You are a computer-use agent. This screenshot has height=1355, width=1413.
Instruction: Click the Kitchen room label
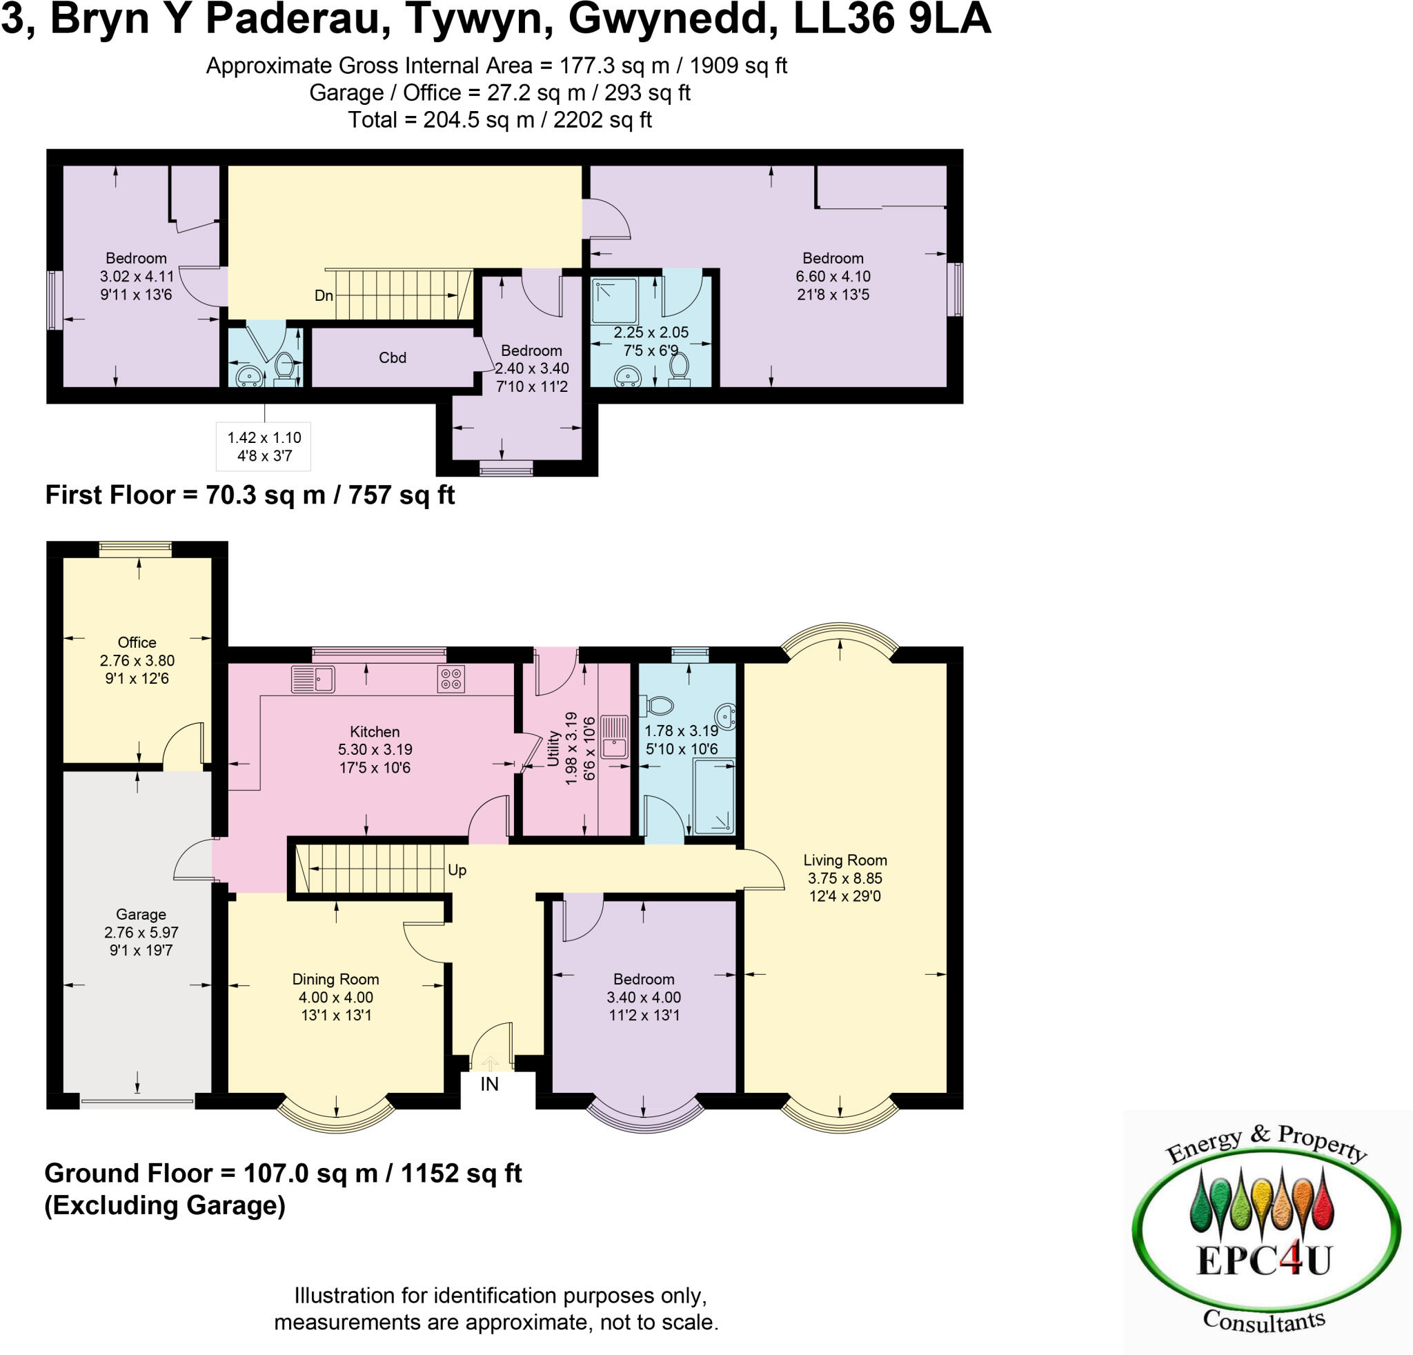pyautogui.click(x=374, y=731)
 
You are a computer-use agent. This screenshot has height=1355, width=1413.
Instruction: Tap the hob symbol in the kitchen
pyautogui.click(x=451, y=679)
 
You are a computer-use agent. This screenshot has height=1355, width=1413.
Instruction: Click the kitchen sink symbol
pyautogui.click(x=313, y=679)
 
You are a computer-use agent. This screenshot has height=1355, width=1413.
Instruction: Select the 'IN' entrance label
pyautogui.click(x=489, y=1084)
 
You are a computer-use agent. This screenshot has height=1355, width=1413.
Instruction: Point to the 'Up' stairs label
pyautogui.click(x=457, y=870)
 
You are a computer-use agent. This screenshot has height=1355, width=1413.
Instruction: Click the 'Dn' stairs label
pyautogui.click(x=324, y=295)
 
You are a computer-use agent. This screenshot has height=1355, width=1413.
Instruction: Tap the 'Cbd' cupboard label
pyautogui.click(x=392, y=357)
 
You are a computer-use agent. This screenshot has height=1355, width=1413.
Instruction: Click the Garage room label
pyautogui.click(x=141, y=915)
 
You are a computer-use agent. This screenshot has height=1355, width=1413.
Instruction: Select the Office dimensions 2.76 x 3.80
pyautogui.click(x=137, y=660)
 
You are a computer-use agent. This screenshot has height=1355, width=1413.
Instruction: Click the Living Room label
pyautogui.click(x=845, y=860)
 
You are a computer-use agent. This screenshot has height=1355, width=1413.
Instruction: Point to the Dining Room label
pyautogui.click(x=335, y=979)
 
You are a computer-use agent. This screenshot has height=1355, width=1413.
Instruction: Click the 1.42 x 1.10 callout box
pyautogui.click(x=264, y=446)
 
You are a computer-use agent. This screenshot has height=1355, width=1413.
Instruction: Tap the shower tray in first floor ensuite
pyautogui.click(x=613, y=301)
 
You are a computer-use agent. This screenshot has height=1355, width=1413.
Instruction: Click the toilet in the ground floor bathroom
pyautogui.click(x=657, y=704)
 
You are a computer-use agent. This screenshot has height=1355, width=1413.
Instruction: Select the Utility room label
pyautogui.click(x=553, y=748)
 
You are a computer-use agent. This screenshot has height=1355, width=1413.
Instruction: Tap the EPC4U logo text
pyautogui.click(x=1263, y=1260)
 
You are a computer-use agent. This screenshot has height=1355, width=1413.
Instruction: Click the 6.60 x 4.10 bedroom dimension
pyautogui.click(x=833, y=276)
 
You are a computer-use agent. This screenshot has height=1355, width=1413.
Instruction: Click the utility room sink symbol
pyautogui.click(x=614, y=736)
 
